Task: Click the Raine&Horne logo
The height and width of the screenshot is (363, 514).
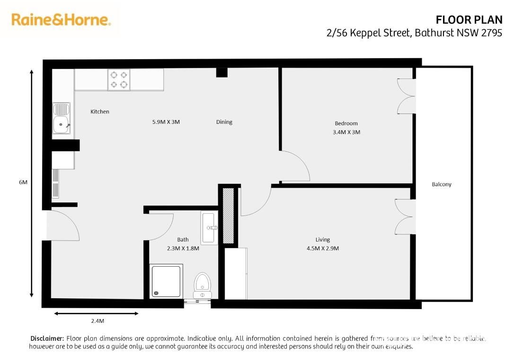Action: pos(61,20)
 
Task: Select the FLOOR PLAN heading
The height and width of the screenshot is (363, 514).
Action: pos(469,20)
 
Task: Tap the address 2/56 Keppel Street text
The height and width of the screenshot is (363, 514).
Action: pos(368,33)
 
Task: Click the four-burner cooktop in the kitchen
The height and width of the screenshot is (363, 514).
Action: pos(119,79)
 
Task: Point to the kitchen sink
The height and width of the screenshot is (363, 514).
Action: pos(62,119)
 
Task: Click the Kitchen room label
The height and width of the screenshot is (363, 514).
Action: pos(100,112)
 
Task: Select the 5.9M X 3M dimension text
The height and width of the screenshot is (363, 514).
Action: pos(166,122)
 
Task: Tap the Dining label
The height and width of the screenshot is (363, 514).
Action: pos(224,122)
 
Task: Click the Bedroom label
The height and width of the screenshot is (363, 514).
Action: pos(346,123)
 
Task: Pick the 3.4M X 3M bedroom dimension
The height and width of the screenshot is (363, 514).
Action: pos(346,132)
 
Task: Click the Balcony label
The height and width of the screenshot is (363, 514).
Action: pos(442,184)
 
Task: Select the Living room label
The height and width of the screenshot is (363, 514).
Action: pos(323,240)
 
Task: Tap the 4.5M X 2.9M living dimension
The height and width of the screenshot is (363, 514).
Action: pos(323,249)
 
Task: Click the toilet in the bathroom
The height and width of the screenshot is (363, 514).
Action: pos(202,286)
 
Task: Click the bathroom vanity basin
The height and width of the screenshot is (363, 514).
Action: pos(209,227)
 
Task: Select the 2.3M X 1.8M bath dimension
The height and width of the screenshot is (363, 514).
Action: pos(183,249)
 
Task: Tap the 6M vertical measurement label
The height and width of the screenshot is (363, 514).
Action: pos(23,182)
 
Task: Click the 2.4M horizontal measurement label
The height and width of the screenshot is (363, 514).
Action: pos(97,321)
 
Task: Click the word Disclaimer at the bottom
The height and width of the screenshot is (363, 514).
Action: pos(47,338)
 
